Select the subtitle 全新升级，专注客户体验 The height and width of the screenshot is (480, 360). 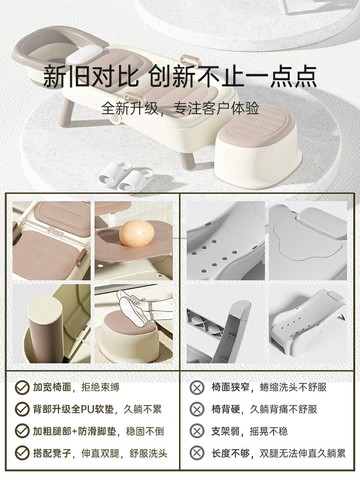pos(179,108)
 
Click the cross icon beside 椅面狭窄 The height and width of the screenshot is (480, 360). pos(198,386)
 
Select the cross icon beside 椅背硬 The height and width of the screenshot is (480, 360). pos(198,409)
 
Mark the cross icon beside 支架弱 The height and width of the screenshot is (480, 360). pos(198,432)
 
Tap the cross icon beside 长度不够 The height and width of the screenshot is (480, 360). pos(198,455)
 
